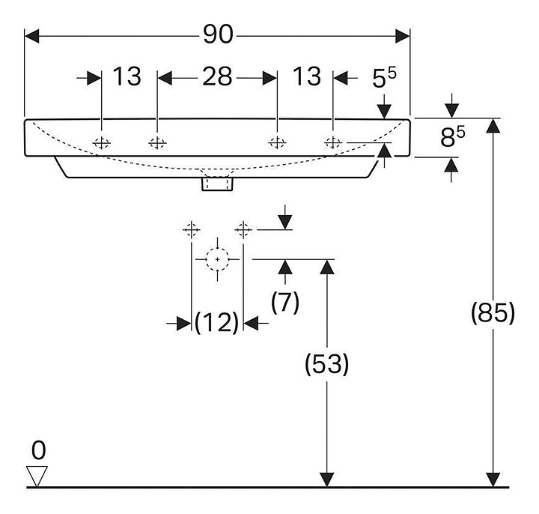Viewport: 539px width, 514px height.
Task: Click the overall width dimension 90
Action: [218, 34]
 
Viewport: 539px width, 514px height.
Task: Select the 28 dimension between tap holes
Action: [217, 76]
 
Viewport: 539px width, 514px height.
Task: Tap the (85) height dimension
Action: [493, 314]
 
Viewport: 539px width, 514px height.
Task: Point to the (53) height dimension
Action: [326, 365]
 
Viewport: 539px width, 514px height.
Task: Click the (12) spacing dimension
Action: [216, 323]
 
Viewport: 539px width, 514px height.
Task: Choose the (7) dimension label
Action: [284, 302]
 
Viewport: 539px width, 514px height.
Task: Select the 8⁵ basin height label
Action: [451, 138]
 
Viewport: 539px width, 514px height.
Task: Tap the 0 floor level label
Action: [38, 450]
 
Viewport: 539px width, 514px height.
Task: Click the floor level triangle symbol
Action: [37, 476]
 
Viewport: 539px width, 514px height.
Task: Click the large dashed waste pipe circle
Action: [217, 258]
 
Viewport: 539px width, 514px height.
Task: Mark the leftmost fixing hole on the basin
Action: [101, 142]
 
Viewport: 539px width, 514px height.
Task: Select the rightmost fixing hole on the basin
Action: [333, 142]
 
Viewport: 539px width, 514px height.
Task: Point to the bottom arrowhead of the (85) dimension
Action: [493, 479]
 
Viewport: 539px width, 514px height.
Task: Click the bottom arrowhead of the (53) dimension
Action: [326, 479]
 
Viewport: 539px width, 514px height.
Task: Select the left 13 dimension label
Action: [127, 76]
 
